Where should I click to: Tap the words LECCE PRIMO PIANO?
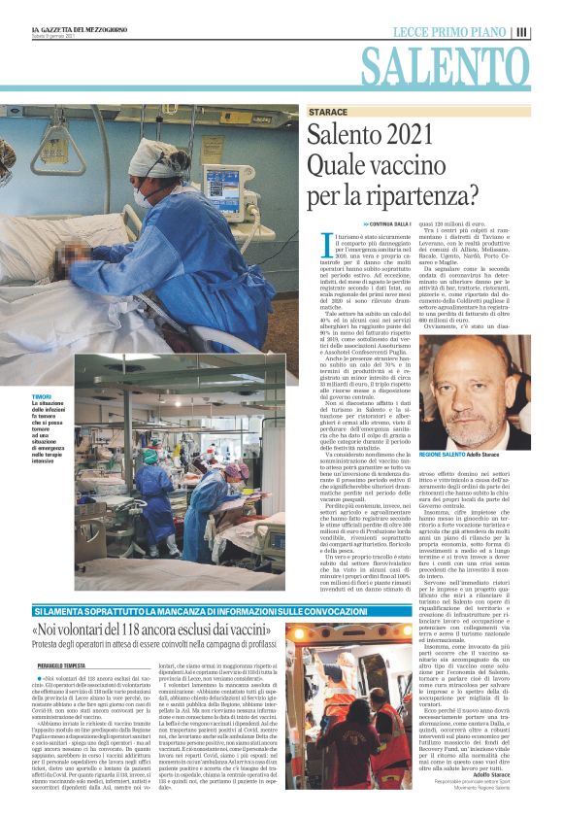click(x=450, y=32)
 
